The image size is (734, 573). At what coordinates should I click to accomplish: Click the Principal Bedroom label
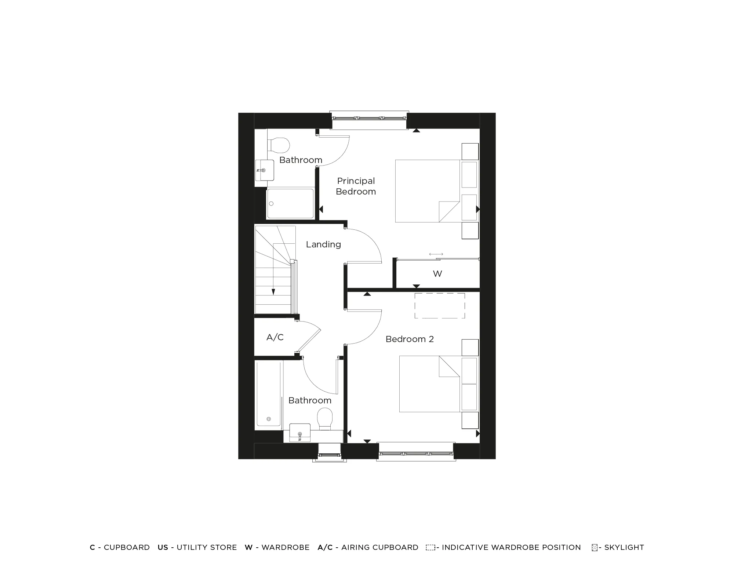pos(356,186)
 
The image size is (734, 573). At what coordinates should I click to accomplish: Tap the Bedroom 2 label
pos(410,339)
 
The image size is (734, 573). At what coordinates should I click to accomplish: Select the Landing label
pos(323,244)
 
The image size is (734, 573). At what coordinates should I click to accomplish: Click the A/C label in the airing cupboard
pos(275,337)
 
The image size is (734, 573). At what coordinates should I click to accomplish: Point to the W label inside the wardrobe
pos(437,274)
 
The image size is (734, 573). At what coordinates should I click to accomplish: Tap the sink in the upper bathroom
pos(265,170)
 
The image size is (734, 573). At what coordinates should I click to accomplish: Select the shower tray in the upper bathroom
pos(290,203)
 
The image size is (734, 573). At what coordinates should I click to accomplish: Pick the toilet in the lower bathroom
pos(325,419)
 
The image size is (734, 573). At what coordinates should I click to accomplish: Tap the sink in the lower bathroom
pos(300,432)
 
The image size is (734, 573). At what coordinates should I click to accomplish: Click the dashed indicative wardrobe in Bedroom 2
pos(440,305)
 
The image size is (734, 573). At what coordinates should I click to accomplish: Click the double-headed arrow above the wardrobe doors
pos(436,254)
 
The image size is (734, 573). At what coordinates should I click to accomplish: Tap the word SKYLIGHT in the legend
pos(624,547)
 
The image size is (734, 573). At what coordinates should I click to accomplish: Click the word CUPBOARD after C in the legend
pos(127,547)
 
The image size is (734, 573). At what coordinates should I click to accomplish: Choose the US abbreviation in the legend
pos(163,547)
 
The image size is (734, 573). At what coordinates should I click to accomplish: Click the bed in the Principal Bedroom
pos(428,191)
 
